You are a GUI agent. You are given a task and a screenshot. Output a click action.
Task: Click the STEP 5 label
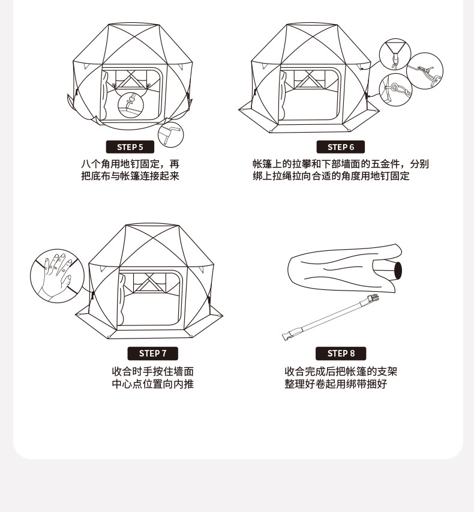click(130, 147)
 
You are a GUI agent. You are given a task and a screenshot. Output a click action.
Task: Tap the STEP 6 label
click(340, 147)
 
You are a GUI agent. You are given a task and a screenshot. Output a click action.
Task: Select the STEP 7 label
click(152, 354)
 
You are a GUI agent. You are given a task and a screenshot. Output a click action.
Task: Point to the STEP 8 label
click(340, 354)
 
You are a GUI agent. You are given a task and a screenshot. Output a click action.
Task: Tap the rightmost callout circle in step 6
click(425, 71)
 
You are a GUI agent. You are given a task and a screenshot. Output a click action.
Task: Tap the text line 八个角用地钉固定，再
click(130, 164)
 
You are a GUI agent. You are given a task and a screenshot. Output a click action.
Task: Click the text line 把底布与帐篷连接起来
click(130, 176)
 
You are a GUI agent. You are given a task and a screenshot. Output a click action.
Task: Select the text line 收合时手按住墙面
click(152, 372)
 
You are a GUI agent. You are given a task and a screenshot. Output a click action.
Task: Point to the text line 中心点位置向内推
click(152, 384)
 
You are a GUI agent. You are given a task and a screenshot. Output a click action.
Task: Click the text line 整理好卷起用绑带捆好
click(335, 384)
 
